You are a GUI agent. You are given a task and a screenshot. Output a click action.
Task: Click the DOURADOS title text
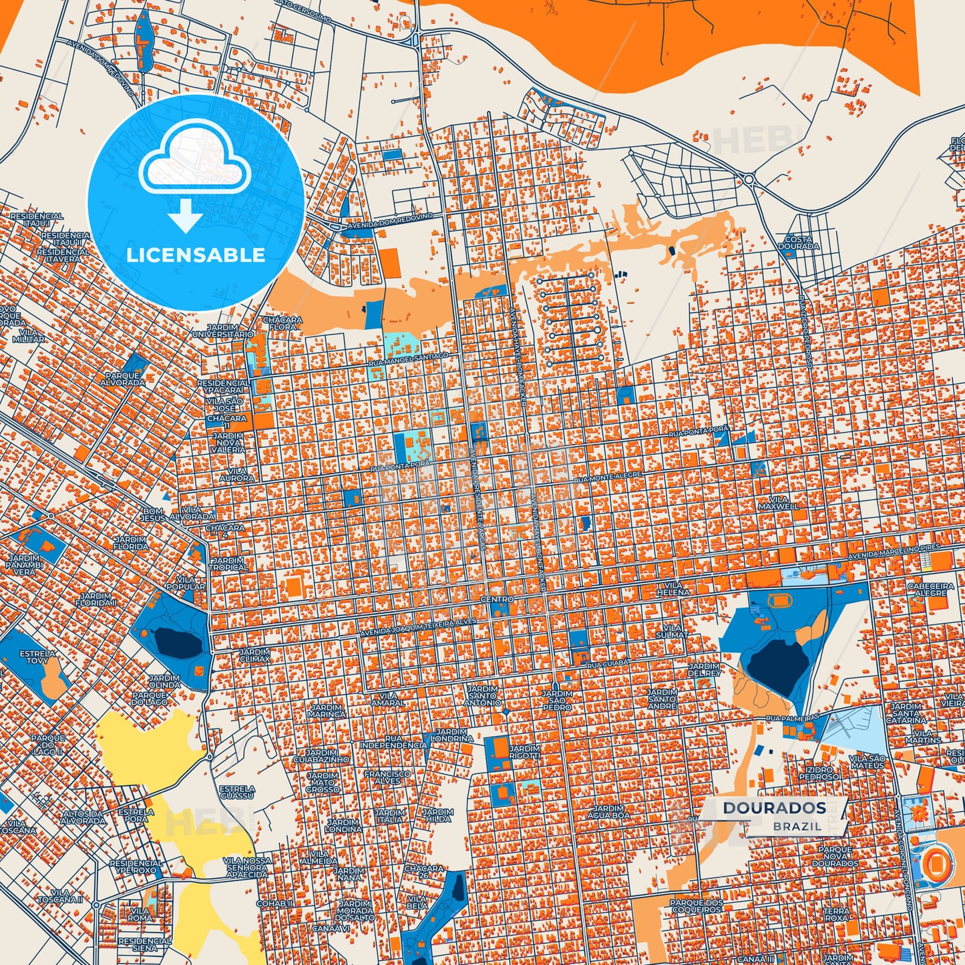pyautogui.click(x=774, y=808)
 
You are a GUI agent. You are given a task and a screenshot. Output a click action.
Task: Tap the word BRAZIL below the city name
pyautogui.click(x=797, y=826)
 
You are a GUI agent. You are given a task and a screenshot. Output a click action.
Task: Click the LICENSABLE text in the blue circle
pyautogui.click(x=196, y=254)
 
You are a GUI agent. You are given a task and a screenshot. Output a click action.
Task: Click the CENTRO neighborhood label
pyautogui.click(x=497, y=600)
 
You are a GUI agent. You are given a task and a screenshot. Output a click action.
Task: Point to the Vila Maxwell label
pyautogui.click(x=778, y=503)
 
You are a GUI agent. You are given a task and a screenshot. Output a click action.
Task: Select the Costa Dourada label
pyautogui.click(x=798, y=242)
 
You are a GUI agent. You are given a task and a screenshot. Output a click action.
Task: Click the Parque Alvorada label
pyautogui.click(x=125, y=379)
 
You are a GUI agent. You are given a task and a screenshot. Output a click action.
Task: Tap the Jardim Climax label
pyautogui.click(x=254, y=654)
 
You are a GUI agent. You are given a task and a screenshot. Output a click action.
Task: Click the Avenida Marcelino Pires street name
pyautogui.click(x=894, y=552)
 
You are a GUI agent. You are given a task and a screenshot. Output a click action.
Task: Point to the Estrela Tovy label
pyautogui.click(x=37, y=657)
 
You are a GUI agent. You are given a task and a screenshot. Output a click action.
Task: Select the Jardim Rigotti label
pyautogui.click(x=524, y=752)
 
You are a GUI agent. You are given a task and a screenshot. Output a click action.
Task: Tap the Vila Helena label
pyautogui.click(x=672, y=588)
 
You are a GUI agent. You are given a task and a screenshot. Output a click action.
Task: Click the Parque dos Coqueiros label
pyautogui.click(x=697, y=906)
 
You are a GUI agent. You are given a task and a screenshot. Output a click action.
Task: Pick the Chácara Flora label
pyautogui.click(x=282, y=324)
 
